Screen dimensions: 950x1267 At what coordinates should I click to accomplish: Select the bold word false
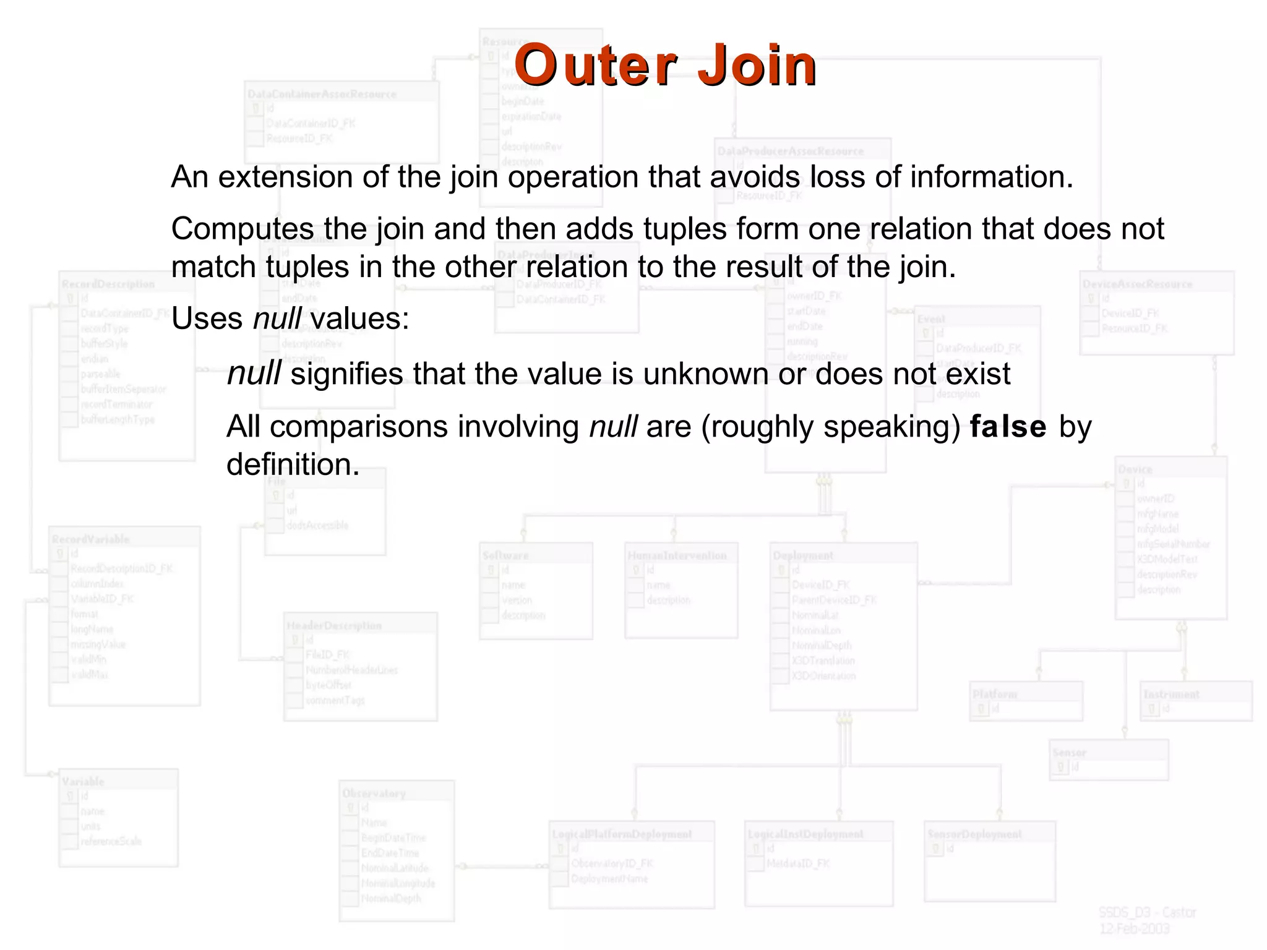(1008, 427)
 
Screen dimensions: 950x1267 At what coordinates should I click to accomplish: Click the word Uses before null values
(207, 319)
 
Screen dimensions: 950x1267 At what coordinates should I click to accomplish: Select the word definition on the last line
(293, 464)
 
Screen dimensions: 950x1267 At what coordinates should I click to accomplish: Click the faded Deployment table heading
(803, 555)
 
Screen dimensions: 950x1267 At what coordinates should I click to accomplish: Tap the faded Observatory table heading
(374, 794)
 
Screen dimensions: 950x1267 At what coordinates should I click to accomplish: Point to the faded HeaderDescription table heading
(334, 626)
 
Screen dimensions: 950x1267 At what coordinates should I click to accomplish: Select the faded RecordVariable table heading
(91, 539)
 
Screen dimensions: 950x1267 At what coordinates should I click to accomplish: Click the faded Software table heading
(505, 555)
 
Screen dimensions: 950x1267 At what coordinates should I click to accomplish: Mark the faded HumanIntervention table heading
(677, 555)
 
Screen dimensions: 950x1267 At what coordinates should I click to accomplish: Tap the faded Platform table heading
(994, 694)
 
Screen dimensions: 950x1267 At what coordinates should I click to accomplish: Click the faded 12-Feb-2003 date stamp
(1134, 929)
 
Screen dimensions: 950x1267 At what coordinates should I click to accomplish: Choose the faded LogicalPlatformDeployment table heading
(622, 834)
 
